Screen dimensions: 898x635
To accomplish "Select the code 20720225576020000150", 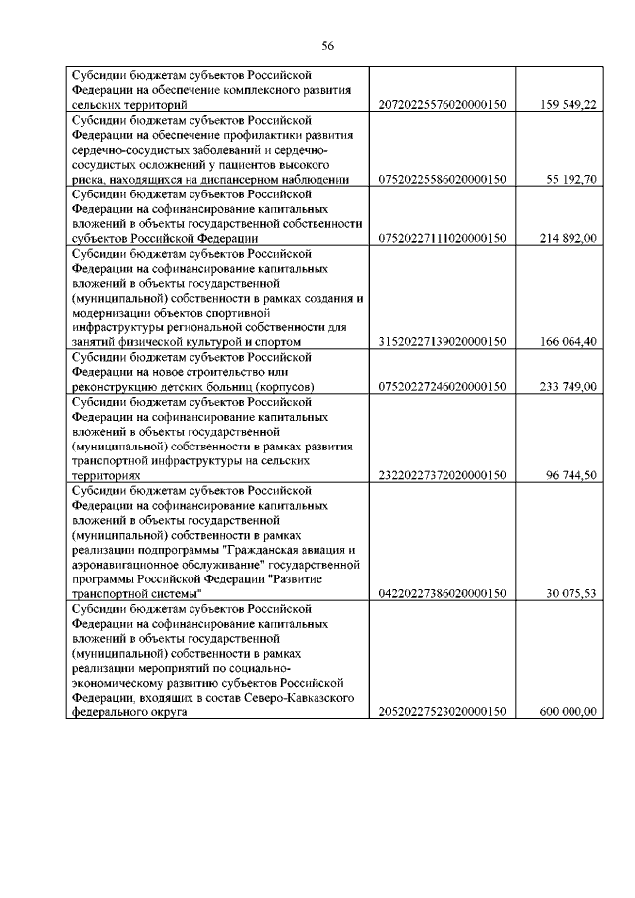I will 443,103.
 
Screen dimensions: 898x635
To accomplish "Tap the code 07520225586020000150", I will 443,179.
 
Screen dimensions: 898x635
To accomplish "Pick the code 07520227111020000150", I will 443,238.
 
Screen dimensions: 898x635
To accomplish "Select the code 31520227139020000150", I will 443,342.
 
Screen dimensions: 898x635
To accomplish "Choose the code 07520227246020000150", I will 443,386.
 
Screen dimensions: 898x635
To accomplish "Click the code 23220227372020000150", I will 443,475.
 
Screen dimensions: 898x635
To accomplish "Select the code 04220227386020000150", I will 443,593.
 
